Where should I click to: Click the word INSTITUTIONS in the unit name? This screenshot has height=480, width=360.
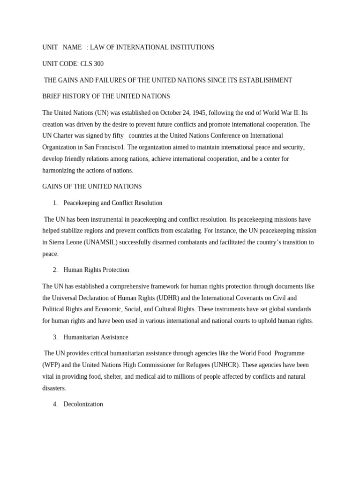click(x=190, y=47)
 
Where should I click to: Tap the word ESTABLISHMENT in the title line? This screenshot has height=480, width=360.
click(x=265, y=80)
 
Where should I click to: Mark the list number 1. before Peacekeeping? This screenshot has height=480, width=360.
click(x=55, y=203)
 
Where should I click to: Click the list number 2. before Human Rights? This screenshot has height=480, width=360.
click(x=55, y=270)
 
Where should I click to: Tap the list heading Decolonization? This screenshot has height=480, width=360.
click(x=83, y=404)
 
